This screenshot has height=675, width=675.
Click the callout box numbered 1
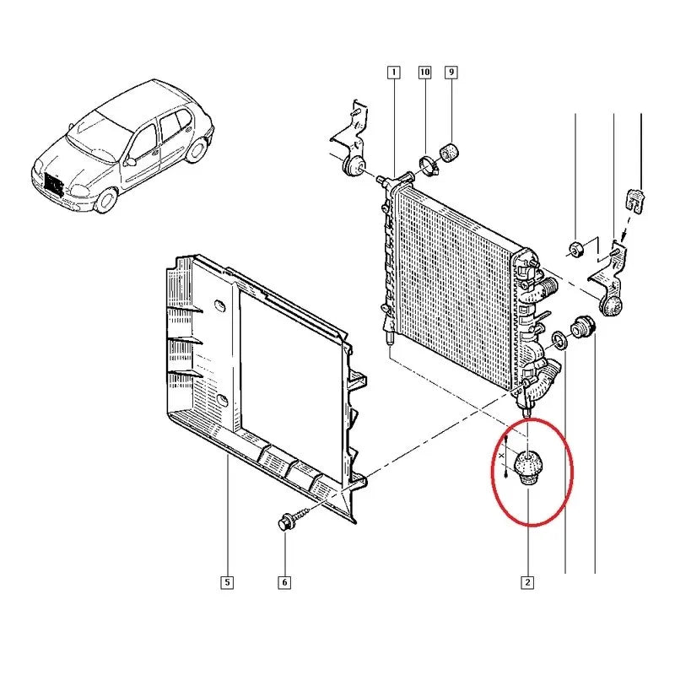coord(393,73)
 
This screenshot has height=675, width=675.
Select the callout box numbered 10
coord(425,73)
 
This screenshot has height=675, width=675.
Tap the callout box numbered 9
coord(451,73)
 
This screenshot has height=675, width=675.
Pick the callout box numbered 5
coord(227,582)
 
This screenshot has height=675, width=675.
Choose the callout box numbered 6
coord(284,582)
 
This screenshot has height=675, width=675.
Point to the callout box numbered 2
coord(527,582)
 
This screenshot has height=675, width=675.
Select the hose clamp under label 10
coord(429,166)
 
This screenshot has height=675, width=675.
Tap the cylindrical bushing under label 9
coord(450,153)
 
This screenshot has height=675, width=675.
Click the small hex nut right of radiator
coord(575,248)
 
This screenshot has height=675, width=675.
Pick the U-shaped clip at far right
coord(634,199)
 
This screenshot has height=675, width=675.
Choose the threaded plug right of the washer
coord(582,328)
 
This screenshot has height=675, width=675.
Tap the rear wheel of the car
coord(197,149)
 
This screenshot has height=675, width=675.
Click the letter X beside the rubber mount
coord(500,455)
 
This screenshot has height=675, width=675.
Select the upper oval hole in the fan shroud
coord(219,305)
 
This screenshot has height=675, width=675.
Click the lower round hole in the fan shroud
coord(223,399)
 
